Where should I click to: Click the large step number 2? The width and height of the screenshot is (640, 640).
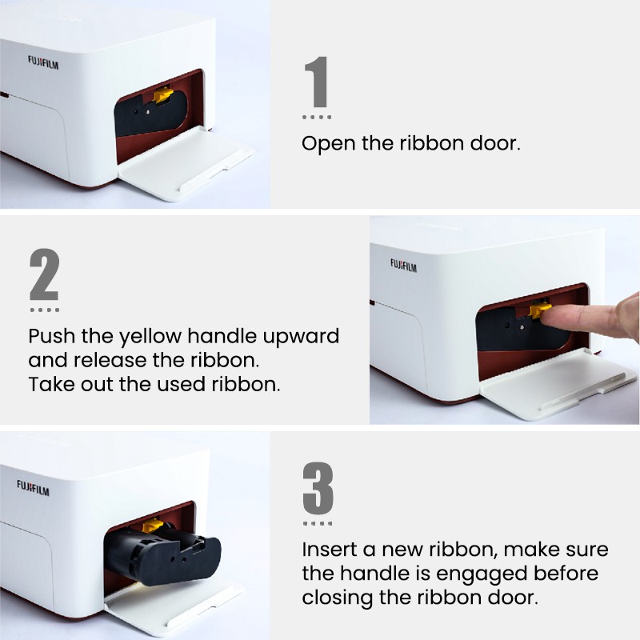tap(45, 274)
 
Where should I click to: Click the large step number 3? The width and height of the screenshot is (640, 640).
tap(318, 488)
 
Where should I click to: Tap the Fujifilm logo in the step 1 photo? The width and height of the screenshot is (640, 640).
tap(43, 62)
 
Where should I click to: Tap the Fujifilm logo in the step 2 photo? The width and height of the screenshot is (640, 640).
tap(403, 266)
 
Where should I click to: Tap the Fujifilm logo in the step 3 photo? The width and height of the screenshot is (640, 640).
tap(33, 488)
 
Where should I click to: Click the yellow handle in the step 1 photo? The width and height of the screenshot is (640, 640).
tap(163, 95)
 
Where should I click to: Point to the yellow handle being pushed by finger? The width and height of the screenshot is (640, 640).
tap(538, 310)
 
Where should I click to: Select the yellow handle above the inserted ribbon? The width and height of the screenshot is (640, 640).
tap(152, 526)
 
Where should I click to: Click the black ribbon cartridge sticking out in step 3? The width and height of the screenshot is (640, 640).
tap(162, 555)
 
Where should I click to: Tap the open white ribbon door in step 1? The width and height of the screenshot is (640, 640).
tap(186, 164)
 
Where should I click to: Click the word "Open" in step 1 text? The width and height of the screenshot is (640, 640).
tap(328, 144)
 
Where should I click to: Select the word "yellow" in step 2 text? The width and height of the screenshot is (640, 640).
tap(150, 337)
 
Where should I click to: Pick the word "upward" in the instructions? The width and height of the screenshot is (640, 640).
tap(301, 337)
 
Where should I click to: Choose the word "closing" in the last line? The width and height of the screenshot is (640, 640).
tap(337, 598)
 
